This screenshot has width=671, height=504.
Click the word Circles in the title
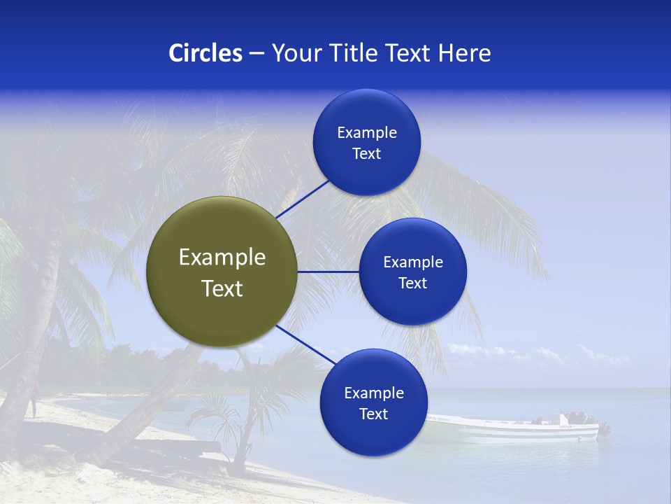click(205, 53)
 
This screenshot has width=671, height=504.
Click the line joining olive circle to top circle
click(303, 199)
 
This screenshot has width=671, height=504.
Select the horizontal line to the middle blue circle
click(328, 272)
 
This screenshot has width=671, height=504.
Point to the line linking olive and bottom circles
click(306, 344)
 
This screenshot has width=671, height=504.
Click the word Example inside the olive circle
click(222, 258)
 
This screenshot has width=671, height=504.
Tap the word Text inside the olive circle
click(222, 288)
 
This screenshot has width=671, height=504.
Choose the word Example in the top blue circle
click(367, 133)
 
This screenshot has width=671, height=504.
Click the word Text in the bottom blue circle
click(373, 414)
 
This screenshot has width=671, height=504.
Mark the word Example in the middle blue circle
click(412, 262)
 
